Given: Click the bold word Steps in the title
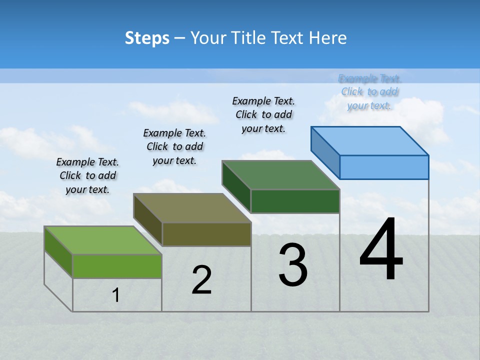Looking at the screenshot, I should click(x=147, y=38).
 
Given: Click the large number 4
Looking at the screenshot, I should click(x=381, y=250).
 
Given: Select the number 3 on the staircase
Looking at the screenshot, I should click(x=293, y=265).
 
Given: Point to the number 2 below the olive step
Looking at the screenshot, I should click(x=202, y=280).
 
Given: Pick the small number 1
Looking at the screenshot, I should click(x=116, y=295).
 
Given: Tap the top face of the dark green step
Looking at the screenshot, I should click(x=280, y=175).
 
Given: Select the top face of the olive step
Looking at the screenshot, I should click(x=192, y=208).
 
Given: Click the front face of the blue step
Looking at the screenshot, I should click(x=384, y=167).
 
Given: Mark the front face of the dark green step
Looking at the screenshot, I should click(x=295, y=201).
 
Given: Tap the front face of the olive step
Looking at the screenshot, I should click(x=206, y=234).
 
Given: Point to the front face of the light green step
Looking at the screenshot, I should click(x=117, y=266).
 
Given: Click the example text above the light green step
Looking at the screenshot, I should click(x=87, y=175).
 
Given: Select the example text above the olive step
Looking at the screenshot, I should click(x=174, y=146).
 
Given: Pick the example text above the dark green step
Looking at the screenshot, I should click(x=263, y=114).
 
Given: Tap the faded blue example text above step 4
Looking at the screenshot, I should click(x=369, y=92).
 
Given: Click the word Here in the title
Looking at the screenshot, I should click(x=327, y=38).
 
